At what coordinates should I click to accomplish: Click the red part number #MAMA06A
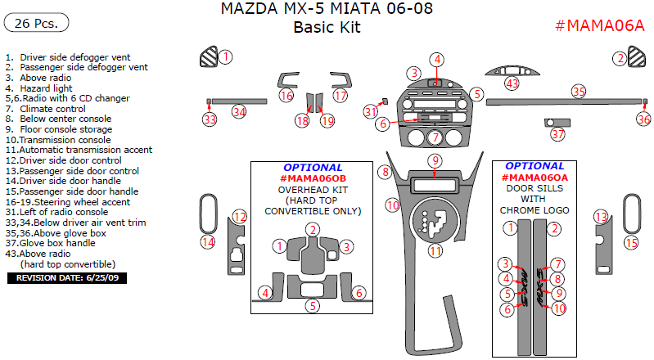[600, 25]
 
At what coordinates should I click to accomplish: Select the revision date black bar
[66, 278]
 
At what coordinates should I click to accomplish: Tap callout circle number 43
[512, 83]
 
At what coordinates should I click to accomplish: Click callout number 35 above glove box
[579, 92]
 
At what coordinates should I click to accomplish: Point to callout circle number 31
[371, 111]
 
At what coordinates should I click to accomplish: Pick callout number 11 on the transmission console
[435, 250]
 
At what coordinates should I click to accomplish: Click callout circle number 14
[208, 241]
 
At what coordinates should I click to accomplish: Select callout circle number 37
[557, 133]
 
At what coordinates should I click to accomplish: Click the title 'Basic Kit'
[327, 27]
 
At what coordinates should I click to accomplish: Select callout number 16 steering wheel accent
[286, 96]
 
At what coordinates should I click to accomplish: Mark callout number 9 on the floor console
[435, 160]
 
